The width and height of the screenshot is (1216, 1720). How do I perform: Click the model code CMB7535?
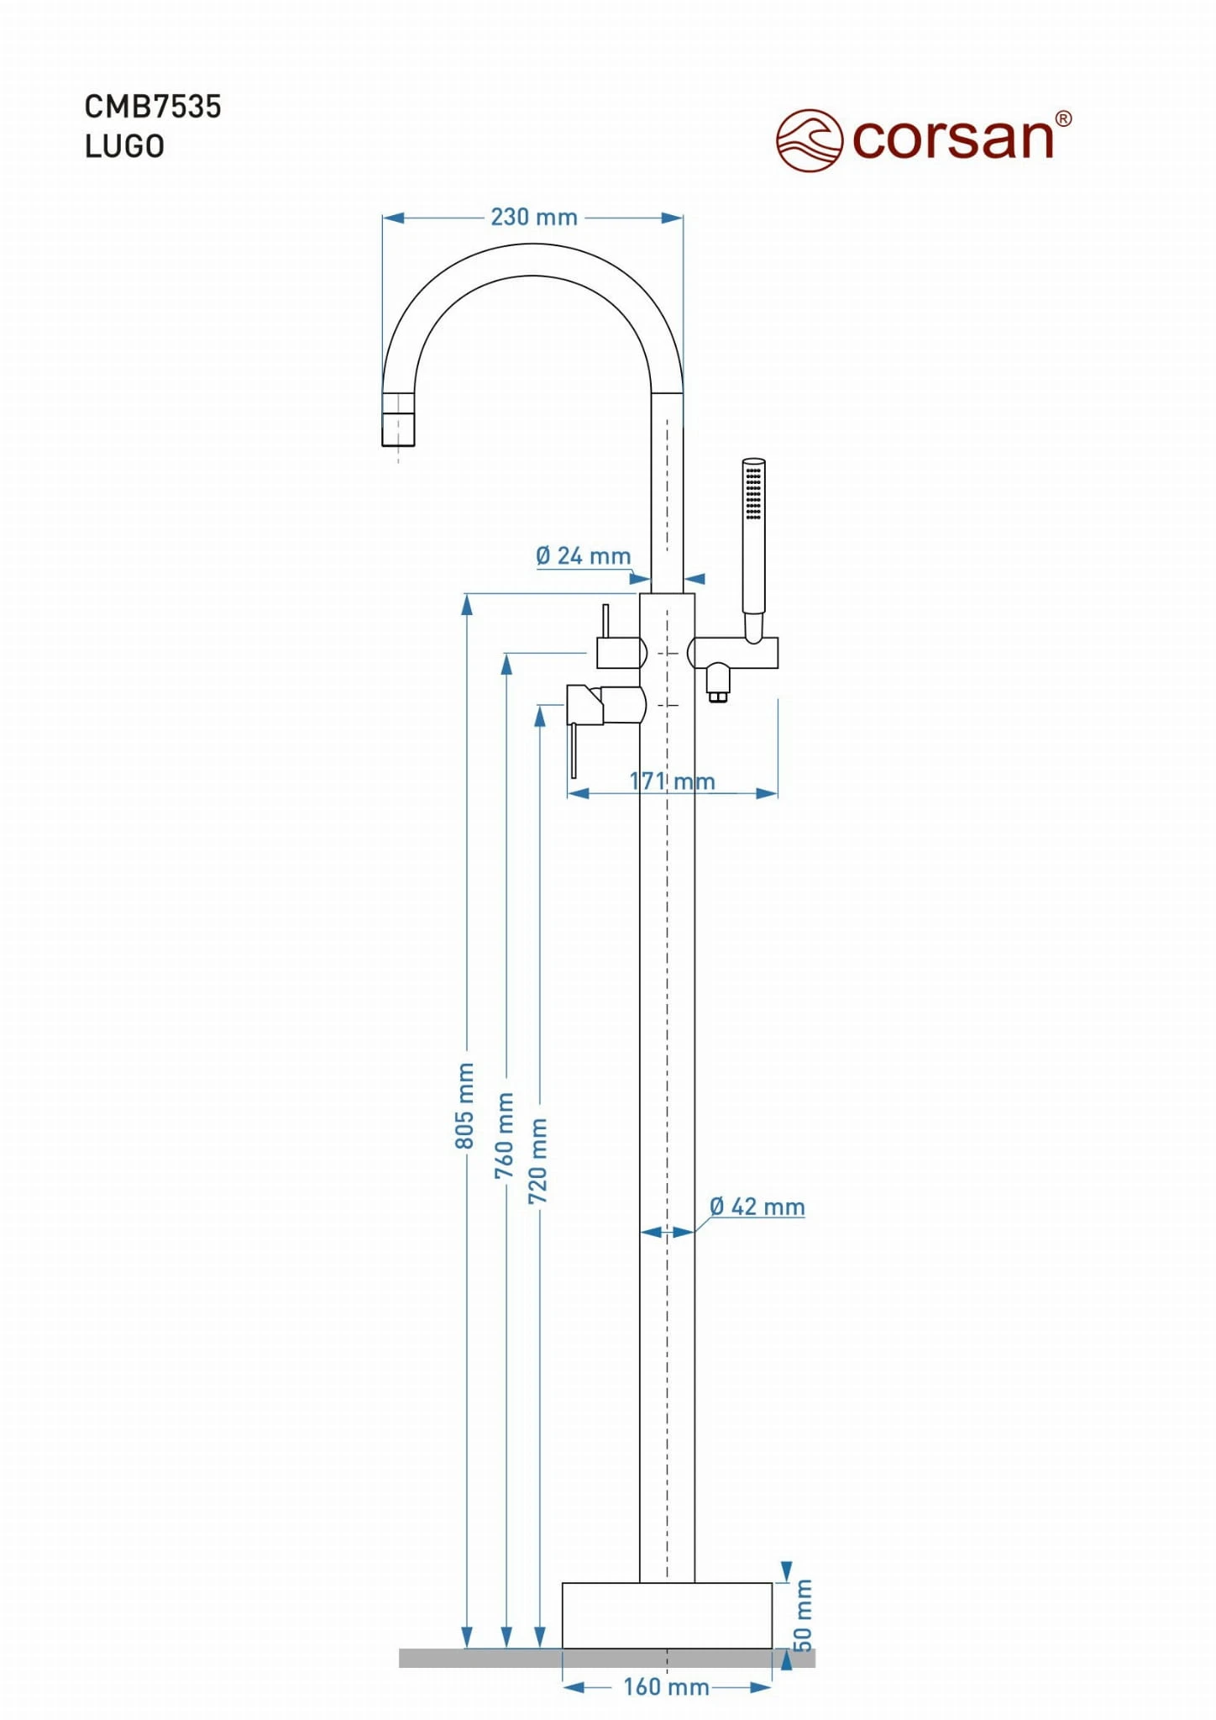click(153, 107)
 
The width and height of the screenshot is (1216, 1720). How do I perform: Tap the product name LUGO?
click(124, 146)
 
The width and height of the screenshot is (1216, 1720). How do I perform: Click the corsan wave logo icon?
click(809, 140)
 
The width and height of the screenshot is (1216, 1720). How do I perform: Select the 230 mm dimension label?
click(534, 218)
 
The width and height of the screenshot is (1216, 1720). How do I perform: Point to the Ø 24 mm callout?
click(583, 556)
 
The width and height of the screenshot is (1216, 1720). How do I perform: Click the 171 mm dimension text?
click(672, 781)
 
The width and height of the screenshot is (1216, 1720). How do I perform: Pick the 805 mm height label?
click(464, 1105)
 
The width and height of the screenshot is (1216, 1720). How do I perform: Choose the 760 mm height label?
click(504, 1135)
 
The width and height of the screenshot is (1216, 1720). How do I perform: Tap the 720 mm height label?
click(537, 1160)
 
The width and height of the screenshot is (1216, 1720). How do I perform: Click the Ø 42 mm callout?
click(757, 1207)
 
